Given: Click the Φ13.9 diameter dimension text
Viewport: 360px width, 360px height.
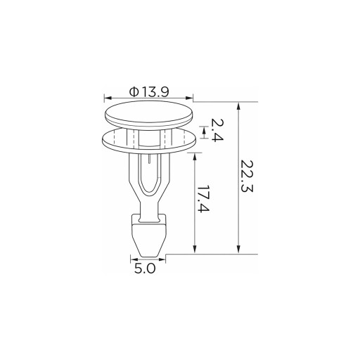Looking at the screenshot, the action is tap(149, 91).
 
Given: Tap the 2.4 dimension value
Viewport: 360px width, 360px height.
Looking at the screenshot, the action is tap(217, 130).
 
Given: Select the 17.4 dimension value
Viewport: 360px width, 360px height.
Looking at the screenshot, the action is tap(203, 199).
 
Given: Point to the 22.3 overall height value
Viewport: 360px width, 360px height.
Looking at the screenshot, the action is tap(246, 176).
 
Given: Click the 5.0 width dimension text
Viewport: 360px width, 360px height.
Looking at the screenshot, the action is tap(145, 269).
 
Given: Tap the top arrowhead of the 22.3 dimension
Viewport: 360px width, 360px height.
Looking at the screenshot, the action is tap(238, 106).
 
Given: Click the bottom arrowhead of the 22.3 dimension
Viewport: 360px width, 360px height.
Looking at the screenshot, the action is tap(238, 250).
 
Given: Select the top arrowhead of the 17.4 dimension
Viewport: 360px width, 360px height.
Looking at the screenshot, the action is tap(195, 157).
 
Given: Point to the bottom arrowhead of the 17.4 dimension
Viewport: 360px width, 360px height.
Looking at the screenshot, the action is tap(195, 250).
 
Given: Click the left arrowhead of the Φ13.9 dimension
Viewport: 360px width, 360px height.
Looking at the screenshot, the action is tap(108, 98).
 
